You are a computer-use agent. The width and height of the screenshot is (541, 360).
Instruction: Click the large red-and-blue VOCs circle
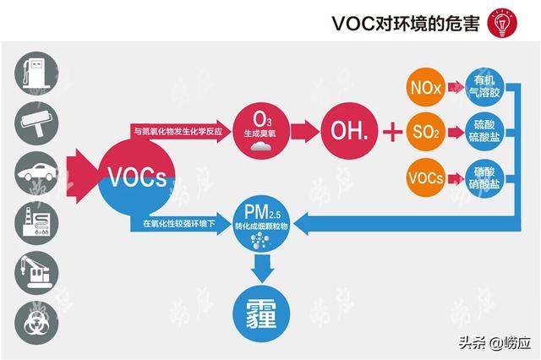pyautogui.click(x=137, y=179)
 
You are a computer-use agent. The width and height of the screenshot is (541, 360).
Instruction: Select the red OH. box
pyautogui.click(x=346, y=131)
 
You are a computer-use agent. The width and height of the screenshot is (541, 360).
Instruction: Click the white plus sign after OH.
pyautogui.click(x=391, y=132)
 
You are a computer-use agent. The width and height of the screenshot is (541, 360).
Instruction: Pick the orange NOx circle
pyautogui.click(x=424, y=87)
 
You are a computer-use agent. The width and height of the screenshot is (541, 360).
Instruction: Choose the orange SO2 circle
pyautogui.click(x=424, y=132)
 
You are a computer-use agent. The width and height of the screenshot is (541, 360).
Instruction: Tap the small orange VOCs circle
pyautogui.click(x=424, y=177)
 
